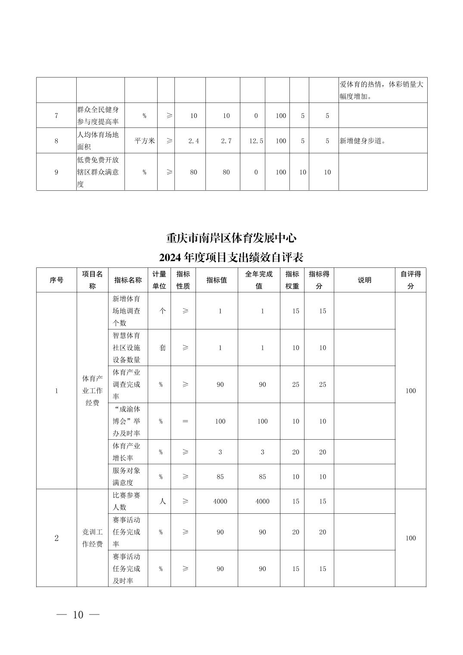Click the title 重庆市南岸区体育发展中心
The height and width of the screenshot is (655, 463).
[x=231, y=238]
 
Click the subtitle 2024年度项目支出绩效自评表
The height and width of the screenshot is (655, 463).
[x=231, y=258]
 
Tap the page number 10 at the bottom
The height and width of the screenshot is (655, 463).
[x=78, y=615]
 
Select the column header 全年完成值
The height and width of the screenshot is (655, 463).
[x=259, y=280]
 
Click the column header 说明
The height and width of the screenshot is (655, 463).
[x=364, y=280]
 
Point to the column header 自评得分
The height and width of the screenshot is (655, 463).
[x=410, y=280]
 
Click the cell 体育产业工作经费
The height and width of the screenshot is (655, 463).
[x=93, y=391]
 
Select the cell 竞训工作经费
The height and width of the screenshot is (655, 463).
[x=93, y=538]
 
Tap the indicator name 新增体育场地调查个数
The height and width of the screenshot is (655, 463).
[x=127, y=310]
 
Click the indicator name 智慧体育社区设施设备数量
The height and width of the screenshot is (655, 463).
[x=127, y=348]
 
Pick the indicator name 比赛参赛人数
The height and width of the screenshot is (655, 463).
[x=127, y=501]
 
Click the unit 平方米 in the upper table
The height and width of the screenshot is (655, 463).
[x=145, y=141]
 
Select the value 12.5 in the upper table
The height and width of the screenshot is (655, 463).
[x=256, y=141]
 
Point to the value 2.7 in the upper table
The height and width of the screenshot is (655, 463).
[x=227, y=141]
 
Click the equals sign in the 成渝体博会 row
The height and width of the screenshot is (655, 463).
[x=185, y=421]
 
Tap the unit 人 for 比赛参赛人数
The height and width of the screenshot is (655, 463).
[x=162, y=501]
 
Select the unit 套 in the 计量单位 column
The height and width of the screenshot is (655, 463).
[x=162, y=348]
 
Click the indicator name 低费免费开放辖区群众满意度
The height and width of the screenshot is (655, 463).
[x=98, y=172]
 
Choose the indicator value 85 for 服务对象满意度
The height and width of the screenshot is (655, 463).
[x=220, y=477]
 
